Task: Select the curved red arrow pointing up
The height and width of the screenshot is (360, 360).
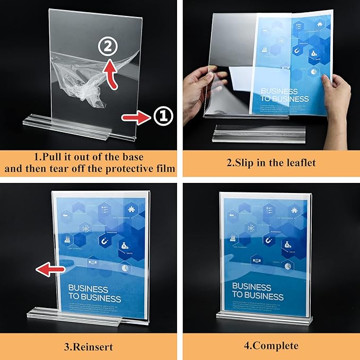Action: pos(109,73)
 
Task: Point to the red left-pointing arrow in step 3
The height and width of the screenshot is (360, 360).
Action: pos(50,269)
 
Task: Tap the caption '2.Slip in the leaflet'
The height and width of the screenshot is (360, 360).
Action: pos(271,163)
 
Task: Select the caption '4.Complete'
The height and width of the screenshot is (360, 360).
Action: pos(271,347)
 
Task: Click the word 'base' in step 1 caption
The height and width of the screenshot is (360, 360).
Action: pos(130,157)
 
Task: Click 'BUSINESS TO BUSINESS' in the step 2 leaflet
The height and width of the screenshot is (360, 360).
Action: pos(284,95)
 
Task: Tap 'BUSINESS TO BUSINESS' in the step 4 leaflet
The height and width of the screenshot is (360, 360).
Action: pos(258,291)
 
